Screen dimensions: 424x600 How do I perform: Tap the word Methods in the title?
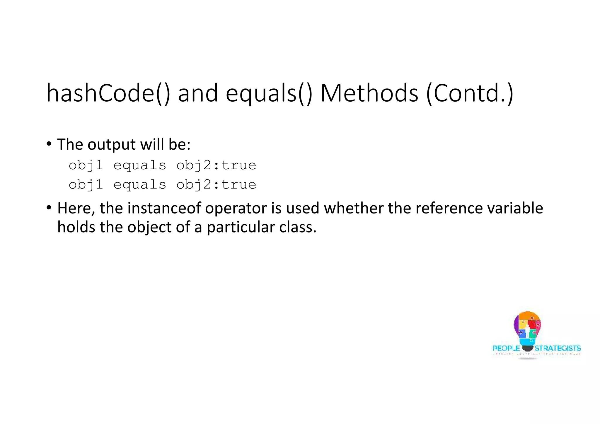[x=369, y=93]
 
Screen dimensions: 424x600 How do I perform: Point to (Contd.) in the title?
[x=470, y=93]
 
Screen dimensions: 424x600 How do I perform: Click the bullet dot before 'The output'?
[x=49, y=144]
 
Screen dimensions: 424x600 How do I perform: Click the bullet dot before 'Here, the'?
[x=49, y=208]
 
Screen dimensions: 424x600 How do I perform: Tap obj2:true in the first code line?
[x=216, y=165]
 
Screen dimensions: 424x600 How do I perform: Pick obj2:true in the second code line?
[x=216, y=185]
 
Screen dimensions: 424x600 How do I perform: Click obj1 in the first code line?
[x=86, y=165]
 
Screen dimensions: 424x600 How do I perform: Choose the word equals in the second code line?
[x=140, y=185]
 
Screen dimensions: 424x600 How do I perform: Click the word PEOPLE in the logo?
[x=506, y=348]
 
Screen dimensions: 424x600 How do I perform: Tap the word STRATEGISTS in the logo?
[x=558, y=348]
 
